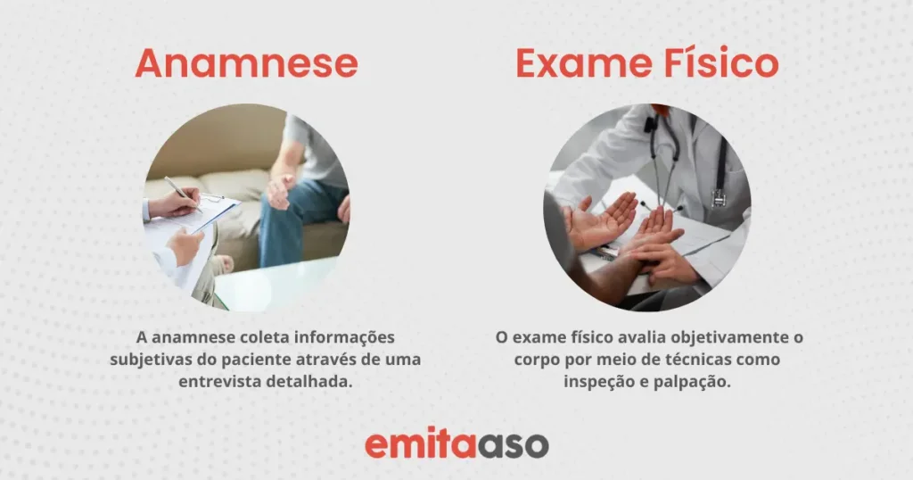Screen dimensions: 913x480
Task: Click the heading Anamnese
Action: pyautogui.click(x=246, y=63)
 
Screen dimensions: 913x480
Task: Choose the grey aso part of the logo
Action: pyautogui.click(x=513, y=445)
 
